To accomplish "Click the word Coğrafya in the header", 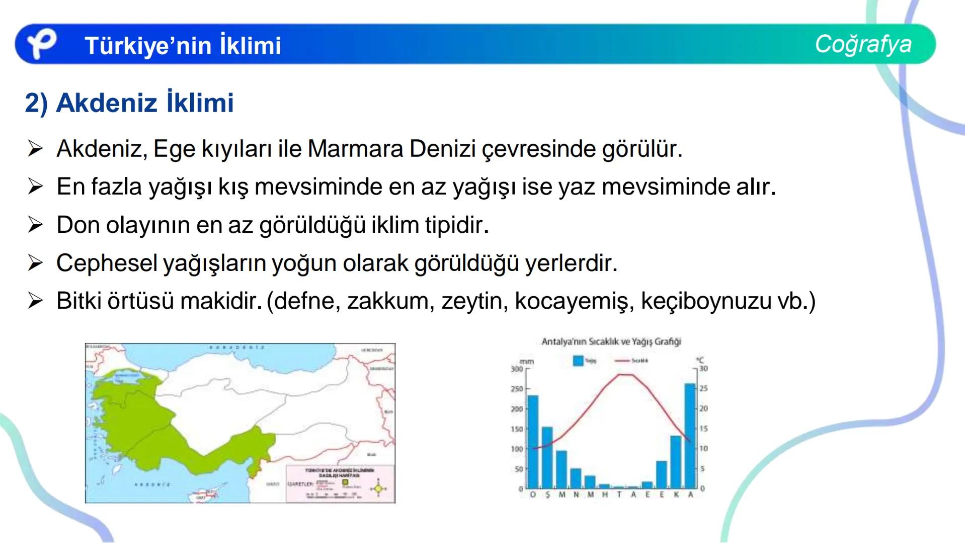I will [863, 44].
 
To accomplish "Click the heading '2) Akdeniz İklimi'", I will [129, 103].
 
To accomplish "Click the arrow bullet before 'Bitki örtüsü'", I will [36, 301].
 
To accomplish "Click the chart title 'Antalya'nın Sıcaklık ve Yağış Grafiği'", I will [611, 342].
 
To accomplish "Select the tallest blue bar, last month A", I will [690, 435].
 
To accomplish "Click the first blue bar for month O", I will [533, 441].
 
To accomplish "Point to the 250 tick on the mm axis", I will [517, 389].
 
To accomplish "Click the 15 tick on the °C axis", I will [703, 428].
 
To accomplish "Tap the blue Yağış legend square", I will [578, 360].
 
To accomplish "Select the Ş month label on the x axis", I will [547, 495].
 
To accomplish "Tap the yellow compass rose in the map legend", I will [378, 488].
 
